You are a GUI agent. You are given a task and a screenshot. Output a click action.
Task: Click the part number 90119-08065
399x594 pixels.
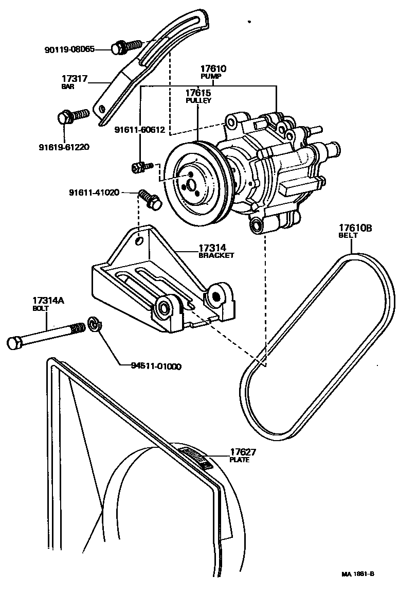(76, 49)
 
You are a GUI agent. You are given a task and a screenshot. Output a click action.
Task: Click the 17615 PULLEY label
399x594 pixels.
(198, 96)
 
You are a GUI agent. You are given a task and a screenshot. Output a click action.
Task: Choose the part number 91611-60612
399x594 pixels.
(139, 130)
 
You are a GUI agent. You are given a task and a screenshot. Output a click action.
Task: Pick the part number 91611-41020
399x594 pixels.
(94, 193)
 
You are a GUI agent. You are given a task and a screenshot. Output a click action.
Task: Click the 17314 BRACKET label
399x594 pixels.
(216, 251)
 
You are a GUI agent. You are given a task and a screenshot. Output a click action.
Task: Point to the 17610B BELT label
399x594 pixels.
(354, 231)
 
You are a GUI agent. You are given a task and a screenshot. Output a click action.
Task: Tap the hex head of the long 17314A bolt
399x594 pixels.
(14, 342)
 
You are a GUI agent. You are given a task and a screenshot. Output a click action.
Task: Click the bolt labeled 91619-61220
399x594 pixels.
(72, 115)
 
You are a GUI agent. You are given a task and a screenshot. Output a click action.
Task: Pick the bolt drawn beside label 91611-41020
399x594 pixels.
(150, 199)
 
